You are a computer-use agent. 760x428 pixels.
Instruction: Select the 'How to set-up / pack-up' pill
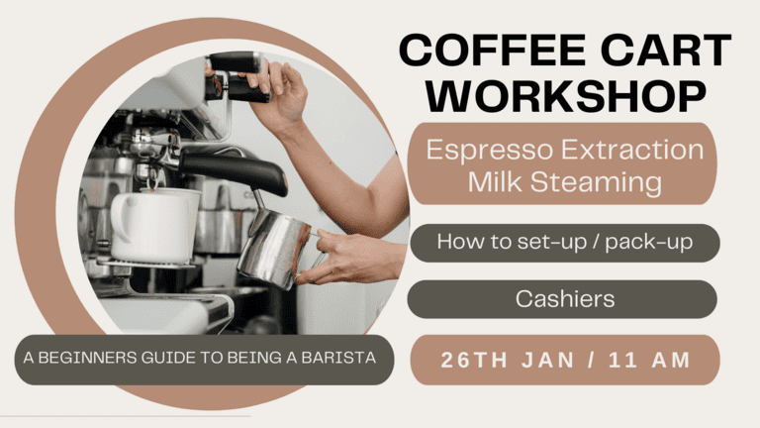(x=563, y=242)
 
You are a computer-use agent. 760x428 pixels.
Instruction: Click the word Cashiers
(x=563, y=297)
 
